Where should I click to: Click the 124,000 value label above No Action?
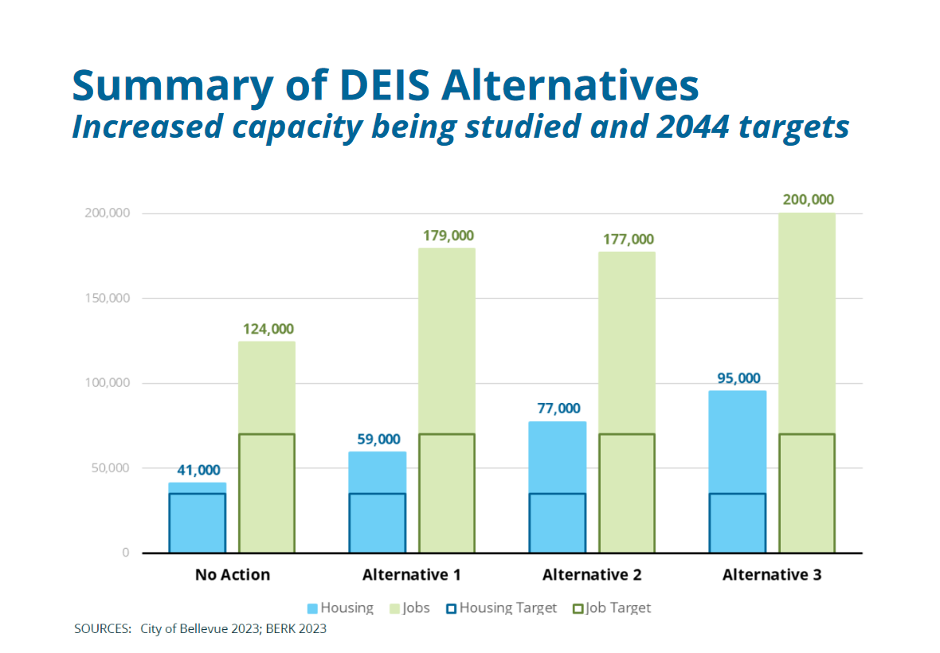pyautogui.click(x=267, y=329)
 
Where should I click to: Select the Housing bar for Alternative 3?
pyautogui.click(x=737, y=470)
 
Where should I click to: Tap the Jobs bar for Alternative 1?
pyautogui.click(x=447, y=398)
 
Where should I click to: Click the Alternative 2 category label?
pyautogui.click(x=592, y=575)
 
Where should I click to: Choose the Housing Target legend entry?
pyautogui.click(x=501, y=608)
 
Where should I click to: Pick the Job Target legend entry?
pyautogui.click(x=612, y=608)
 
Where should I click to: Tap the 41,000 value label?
pyautogui.click(x=197, y=470)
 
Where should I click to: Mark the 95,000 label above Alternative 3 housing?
pyautogui.click(x=737, y=378)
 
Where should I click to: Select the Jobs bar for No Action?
pyautogui.click(x=267, y=446)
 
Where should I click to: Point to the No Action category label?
pyautogui.click(x=233, y=575)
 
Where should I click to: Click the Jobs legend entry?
pyautogui.click(x=409, y=608)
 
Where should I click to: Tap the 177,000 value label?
pyautogui.click(x=627, y=239)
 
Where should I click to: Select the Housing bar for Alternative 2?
pyautogui.click(x=558, y=486)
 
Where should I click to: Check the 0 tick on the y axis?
pyautogui.click(x=126, y=553)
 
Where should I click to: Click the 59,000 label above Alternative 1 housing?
pyautogui.click(x=377, y=439)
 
